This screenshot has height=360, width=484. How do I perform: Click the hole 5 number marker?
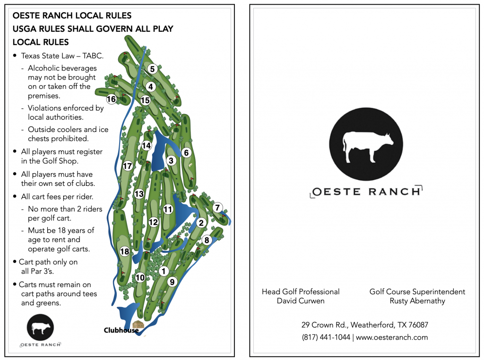click(152, 69)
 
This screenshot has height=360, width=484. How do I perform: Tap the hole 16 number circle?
click(112, 99)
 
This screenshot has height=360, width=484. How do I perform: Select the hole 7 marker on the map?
click(217, 208)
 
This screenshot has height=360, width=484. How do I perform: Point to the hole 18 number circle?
click(125, 252)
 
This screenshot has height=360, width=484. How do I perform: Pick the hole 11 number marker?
click(168, 209)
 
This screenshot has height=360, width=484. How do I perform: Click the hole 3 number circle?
click(172, 161)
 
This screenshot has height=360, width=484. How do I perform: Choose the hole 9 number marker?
click(172, 282)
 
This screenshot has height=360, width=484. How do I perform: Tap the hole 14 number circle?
click(147, 146)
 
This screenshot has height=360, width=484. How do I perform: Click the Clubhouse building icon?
click(138, 325)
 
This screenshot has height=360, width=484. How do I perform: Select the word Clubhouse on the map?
click(121, 331)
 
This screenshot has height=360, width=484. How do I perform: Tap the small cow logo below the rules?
click(41, 327)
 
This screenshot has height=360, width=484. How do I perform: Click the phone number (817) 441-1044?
click(326, 337)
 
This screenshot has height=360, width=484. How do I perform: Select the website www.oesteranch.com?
click(392, 337)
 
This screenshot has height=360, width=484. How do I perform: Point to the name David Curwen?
click(301, 301)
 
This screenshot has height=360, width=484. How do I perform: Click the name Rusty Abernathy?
click(417, 301)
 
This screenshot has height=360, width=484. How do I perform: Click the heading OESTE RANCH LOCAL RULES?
click(72, 16)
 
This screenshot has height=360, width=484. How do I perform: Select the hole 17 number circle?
click(127, 166)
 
